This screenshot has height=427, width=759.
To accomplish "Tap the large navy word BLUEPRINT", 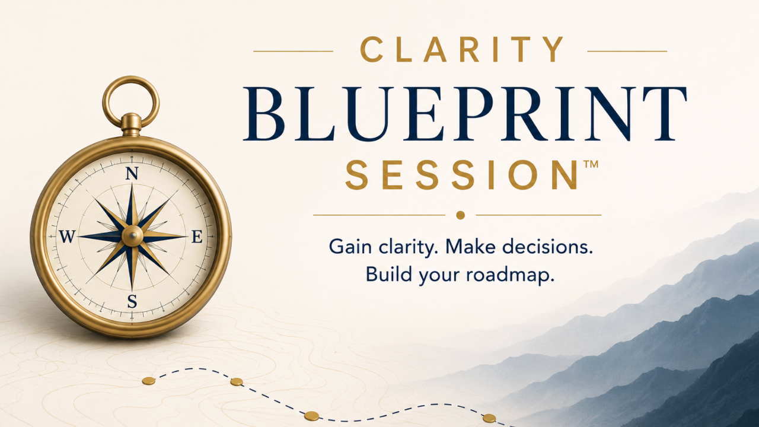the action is click(465, 114).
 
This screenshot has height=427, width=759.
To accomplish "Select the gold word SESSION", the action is click(462, 174).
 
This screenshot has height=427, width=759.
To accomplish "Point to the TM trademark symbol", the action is click(591, 164).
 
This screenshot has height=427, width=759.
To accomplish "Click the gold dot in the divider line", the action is click(460, 215).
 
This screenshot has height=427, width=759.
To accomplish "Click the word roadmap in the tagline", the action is click(511, 275).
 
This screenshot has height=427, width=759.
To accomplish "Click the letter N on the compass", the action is click(132, 173).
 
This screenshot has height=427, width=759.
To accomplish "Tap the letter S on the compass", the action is click(132, 301).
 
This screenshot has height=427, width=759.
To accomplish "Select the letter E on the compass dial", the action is click(197, 237).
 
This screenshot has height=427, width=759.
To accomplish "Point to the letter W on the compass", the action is click(67, 236).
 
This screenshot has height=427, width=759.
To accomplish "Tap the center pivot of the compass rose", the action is click(132, 236).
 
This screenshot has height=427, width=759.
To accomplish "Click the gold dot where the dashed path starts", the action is click(148, 381).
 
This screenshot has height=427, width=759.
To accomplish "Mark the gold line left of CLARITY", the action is click(294, 51).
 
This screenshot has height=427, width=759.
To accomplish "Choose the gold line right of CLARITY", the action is click(627, 51).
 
